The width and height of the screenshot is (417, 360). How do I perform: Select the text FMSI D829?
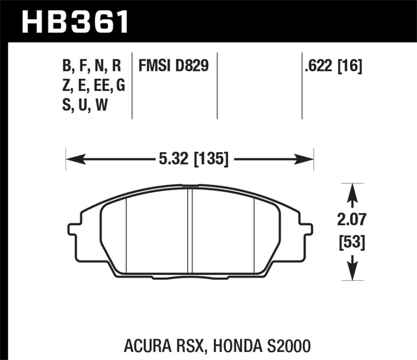point(173,66)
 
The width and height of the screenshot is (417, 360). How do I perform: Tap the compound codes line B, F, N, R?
point(91,66)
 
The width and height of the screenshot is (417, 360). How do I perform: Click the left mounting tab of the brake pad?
point(73,229)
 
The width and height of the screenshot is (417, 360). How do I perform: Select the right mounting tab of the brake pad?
point(307,229)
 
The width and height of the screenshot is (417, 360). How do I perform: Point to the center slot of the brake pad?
point(190,229)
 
